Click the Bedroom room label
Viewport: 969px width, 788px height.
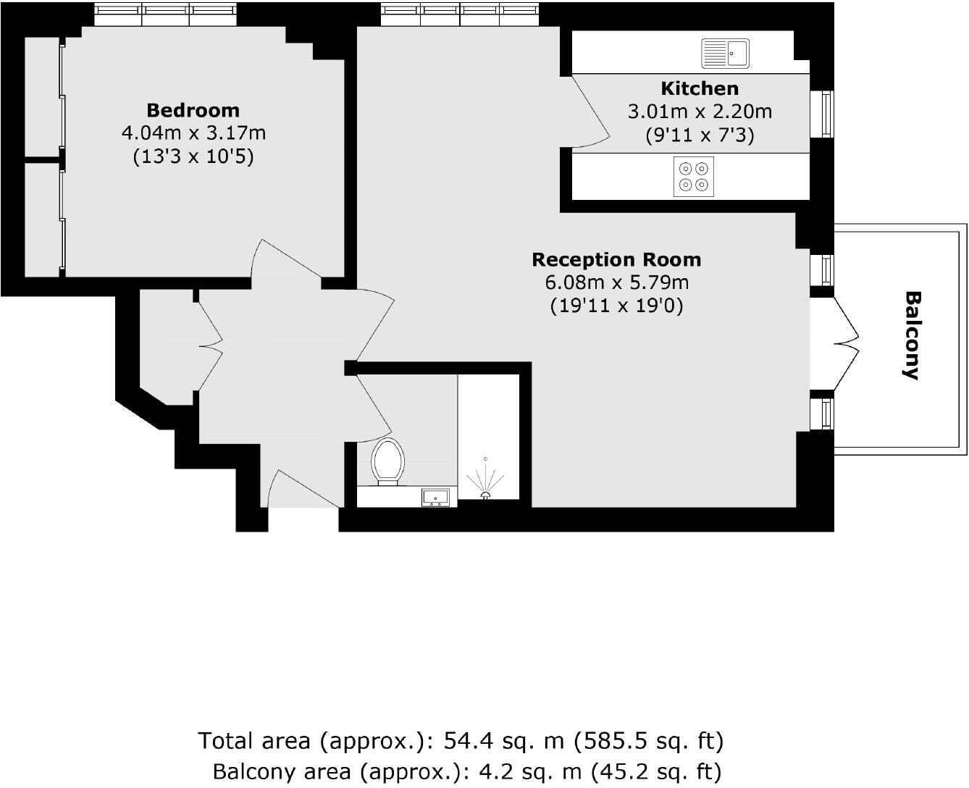(193, 110)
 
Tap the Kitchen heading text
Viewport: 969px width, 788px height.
(700, 88)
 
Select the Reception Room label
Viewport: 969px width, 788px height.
(616, 259)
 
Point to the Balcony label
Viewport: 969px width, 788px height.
(913, 335)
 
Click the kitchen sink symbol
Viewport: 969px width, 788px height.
(725, 54)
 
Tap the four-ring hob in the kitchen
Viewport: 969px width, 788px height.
(694, 176)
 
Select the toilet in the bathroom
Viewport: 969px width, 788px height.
(387, 461)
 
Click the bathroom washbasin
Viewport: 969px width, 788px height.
(436, 497)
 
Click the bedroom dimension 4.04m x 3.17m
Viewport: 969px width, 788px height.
(193, 133)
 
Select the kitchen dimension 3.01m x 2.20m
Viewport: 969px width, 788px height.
(700, 112)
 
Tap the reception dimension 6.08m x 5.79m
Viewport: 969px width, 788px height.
(616, 282)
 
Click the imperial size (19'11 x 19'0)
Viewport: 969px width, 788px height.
(616, 306)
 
